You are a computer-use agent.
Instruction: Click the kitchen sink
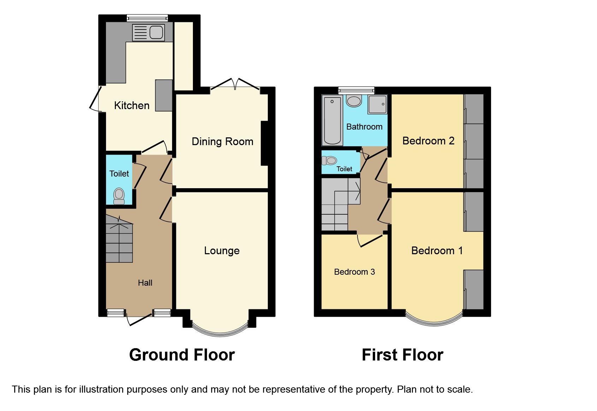click(x=148, y=32)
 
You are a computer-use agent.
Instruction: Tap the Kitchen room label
click(x=132, y=106)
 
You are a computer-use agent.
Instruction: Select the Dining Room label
click(x=222, y=142)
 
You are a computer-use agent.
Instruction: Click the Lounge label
click(x=222, y=251)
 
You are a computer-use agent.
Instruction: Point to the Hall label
click(x=145, y=283)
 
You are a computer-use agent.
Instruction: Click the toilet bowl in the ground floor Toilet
click(x=119, y=196)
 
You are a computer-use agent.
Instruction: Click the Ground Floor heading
click(x=182, y=355)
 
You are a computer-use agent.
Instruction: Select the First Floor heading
click(x=402, y=355)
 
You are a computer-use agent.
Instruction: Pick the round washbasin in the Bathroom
click(x=354, y=101)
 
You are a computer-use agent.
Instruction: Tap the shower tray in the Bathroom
click(x=378, y=104)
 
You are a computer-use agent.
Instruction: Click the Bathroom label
click(x=364, y=127)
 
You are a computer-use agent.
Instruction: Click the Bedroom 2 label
click(x=428, y=141)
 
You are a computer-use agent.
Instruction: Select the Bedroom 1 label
click(x=437, y=251)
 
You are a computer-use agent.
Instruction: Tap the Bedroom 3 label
click(x=354, y=272)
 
